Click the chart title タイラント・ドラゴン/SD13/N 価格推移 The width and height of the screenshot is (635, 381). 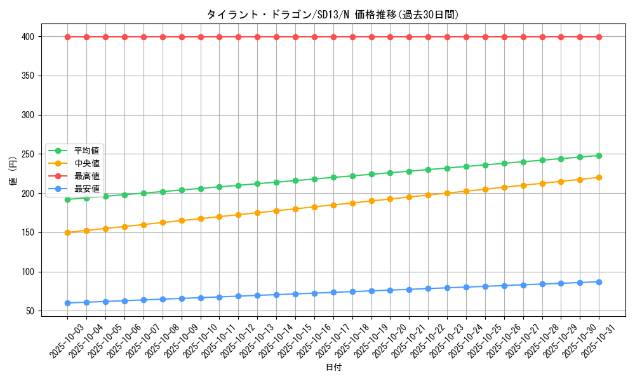click(x=333, y=14)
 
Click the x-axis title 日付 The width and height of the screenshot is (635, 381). click(x=333, y=368)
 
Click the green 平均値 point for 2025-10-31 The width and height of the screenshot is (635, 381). click(x=599, y=156)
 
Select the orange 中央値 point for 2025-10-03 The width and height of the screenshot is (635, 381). click(x=67, y=232)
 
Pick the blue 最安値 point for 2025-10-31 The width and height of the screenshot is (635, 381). click(x=599, y=282)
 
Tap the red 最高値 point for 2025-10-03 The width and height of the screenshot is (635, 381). click(x=67, y=37)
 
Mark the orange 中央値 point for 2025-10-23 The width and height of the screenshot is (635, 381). click(x=447, y=193)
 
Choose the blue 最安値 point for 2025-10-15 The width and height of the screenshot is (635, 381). click(x=295, y=294)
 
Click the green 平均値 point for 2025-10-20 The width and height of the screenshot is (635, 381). click(x=390, y=173)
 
